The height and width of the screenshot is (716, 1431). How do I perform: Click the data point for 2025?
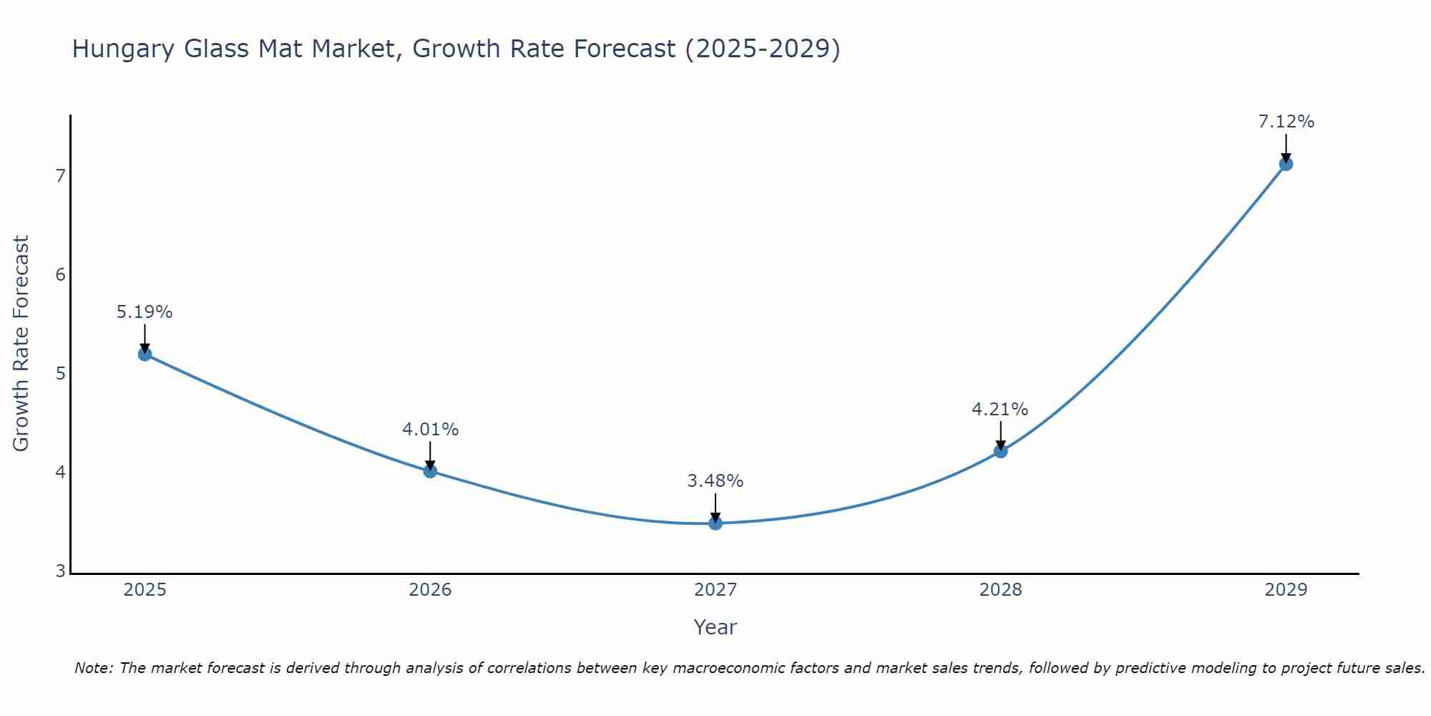point(145,354)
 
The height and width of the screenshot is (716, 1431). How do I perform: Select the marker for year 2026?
point(430,470)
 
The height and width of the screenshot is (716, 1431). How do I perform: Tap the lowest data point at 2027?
point(715,523)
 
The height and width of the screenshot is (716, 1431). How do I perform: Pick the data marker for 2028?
point(1000,451)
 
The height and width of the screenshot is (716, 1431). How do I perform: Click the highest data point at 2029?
point(1286,163)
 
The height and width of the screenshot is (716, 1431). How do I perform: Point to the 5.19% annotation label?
point(145,312)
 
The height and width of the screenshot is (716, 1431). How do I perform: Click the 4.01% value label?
point(430,430)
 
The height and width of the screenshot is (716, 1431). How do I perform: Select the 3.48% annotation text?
point(715,481)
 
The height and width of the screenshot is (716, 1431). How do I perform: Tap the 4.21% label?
point(1000,410)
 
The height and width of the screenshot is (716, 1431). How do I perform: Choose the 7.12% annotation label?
point(1286,122)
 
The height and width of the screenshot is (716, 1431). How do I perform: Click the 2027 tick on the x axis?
point(715,590)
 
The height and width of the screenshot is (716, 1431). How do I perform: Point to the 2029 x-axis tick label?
point(1286,590)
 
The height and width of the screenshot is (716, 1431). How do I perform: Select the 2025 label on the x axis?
point(145,590)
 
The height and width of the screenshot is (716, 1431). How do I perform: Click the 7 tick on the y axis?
point(60,175)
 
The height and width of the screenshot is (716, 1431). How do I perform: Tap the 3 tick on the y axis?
point(60,571)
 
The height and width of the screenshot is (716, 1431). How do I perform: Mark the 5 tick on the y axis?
point(60,373)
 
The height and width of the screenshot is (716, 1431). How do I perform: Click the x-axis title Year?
point(715,627)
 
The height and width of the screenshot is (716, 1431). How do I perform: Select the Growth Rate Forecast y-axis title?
point(21,344)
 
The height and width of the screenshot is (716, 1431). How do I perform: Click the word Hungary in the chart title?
point(123,49)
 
